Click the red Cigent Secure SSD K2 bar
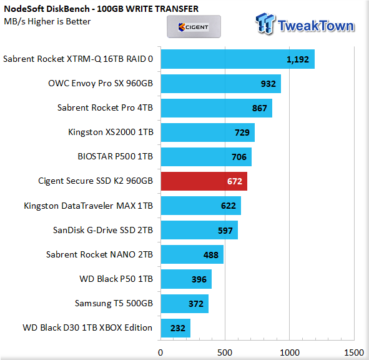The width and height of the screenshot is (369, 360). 204,181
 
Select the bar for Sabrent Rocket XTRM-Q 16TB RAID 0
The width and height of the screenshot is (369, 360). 238,59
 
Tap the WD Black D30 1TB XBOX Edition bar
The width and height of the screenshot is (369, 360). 175,328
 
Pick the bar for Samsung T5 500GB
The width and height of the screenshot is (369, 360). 185,304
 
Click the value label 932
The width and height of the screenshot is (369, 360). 268,84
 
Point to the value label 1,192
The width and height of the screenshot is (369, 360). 298,59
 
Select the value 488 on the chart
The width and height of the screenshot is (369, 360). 211,255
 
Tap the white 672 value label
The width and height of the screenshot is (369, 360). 235,181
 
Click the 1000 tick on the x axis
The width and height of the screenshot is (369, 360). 290,352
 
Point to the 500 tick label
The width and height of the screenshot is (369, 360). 225,352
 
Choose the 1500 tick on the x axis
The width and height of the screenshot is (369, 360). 354,352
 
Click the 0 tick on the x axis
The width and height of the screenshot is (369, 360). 160,352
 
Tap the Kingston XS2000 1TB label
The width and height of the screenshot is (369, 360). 111,132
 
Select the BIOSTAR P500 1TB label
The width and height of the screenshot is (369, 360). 116,156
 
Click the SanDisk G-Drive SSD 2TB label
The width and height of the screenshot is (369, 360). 103,230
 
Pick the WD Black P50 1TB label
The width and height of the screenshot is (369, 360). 116,279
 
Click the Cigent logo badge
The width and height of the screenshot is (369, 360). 194,27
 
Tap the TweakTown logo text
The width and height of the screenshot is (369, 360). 315,26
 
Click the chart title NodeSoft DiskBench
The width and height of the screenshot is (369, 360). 47,9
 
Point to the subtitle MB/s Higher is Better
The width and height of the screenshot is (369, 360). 47,21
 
